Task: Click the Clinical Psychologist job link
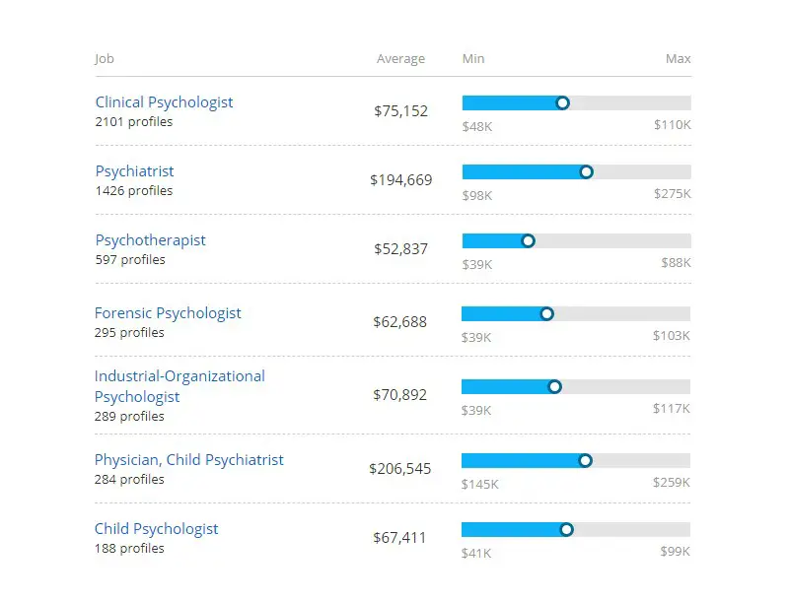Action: pyautogui.click(x=164, y=102)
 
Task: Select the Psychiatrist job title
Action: pyautogui.click(x=134, y=171)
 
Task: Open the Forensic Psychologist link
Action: pyautogui.click(x=168, y=313)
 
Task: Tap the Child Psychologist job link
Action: pyautogui.click(x=156, y=529)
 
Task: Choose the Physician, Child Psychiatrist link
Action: pyautogui.click(x=188, y=460)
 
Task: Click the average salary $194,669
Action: pyautogui.click(x=400, y=180)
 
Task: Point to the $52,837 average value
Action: pyautogui.click(x=400, y=249)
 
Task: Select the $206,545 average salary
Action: pyautogui.click(x=399, y=469)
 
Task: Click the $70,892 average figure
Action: pyautogui.click(x=399, y=395)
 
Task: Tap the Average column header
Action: pyautogui.click(x=400, y=59)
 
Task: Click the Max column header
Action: pyautogui.click(x=678, y=59)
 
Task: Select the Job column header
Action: pyautogui.click(x=105, y=59)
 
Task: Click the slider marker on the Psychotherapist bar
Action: pyautogui.click(x=528, y=240)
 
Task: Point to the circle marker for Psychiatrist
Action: pyautogui.click(x=586, y=171)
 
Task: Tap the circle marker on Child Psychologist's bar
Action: pyautogui.click(x=566, y=529)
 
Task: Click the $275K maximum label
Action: pyautogui.click(x=672, y=194)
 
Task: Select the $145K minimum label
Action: pyautogui.click(x=479, y=484)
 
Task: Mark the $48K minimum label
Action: pyautogui.click(x=476, y=125)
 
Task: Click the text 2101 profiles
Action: pyautogui.click(x=133, y=122)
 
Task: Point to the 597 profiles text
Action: pyautogui.click(x=130, y=260)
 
